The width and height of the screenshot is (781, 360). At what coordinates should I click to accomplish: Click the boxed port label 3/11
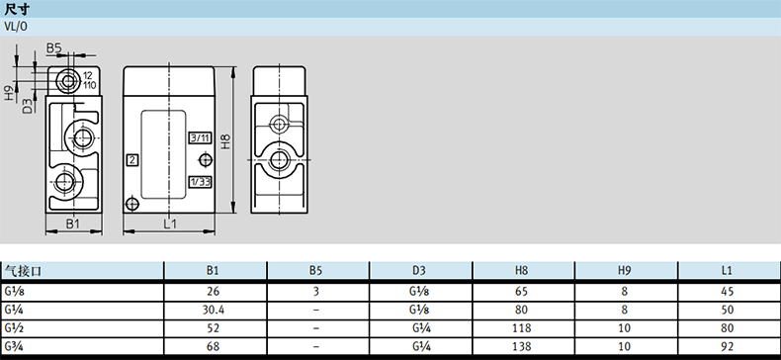point(200,137)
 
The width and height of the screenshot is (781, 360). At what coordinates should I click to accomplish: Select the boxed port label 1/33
point(200,182)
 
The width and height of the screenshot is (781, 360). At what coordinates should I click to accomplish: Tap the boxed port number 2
point(132,160)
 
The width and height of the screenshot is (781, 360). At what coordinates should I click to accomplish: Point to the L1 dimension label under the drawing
point(170,224)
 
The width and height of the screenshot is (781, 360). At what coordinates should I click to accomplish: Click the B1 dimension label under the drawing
point(73,224)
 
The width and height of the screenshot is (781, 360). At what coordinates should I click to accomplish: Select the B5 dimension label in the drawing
point(53,47)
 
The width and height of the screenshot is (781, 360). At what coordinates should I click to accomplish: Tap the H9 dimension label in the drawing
point(10,93)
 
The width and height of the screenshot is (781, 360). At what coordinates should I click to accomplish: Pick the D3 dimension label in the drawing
point(28,106)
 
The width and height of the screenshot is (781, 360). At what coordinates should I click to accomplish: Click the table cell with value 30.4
point(213,310)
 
